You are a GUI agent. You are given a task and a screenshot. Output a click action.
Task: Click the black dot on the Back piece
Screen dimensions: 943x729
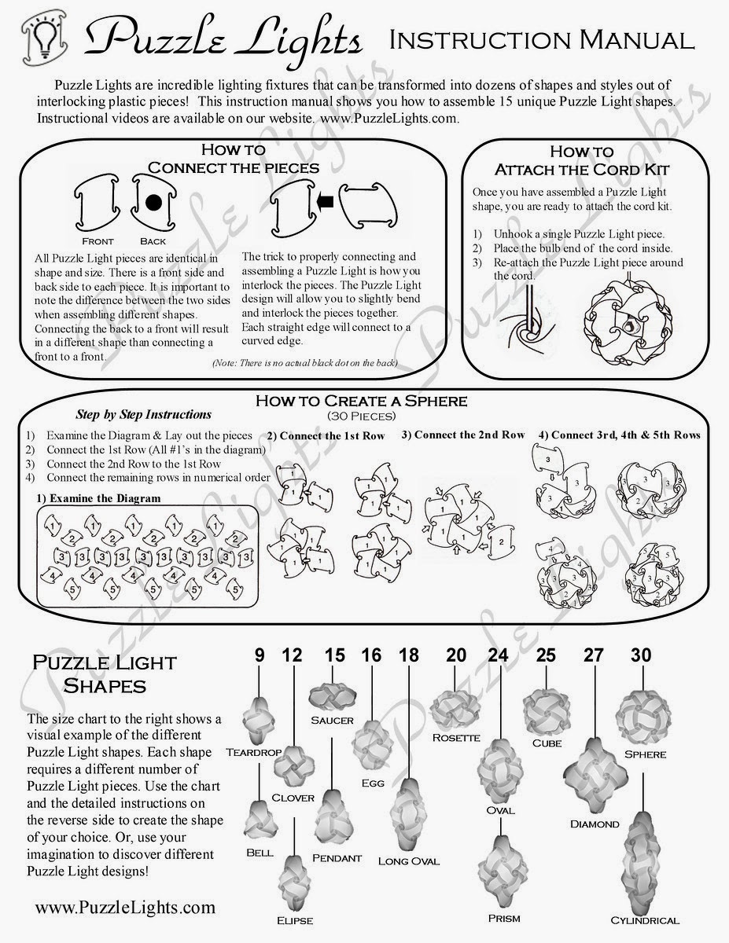tap(153, 203)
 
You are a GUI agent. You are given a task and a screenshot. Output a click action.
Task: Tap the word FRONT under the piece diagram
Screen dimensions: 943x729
tap(98, 241)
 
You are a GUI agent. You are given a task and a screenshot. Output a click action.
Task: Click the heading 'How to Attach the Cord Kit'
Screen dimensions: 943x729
tap(581, 160)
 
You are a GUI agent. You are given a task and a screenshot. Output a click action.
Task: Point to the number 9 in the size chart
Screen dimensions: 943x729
tap(260, 654)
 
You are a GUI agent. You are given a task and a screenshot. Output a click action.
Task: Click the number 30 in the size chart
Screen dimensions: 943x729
tap(642, 654)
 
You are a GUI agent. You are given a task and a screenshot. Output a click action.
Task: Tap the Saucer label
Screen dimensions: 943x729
tap(332, 720)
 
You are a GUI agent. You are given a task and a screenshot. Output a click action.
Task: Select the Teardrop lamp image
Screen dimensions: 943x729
tap(260, 718)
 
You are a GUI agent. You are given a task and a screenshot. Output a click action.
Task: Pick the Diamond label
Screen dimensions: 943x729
tap(595, 824)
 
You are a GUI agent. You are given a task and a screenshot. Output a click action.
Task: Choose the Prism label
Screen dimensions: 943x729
tap(503, 918)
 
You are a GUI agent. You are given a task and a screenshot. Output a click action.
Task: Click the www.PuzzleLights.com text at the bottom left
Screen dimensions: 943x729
tap(124, 908)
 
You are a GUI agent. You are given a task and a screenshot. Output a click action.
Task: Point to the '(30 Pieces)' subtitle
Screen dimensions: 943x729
tap(361, 415)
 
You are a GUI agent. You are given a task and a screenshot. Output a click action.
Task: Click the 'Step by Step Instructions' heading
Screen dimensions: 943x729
tap(143, 414)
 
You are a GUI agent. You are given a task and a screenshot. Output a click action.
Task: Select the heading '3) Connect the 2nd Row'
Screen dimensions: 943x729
tap(462, 435)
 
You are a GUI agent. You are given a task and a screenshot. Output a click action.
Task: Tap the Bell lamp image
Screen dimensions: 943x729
tap(260, 819)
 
